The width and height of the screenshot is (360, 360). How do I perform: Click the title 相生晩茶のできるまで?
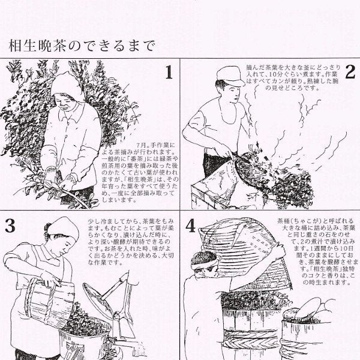[x=82, y=46]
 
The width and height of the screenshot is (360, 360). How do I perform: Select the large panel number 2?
[x=350, y=73]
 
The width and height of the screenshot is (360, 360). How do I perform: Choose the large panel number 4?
[x=191, y=227]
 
